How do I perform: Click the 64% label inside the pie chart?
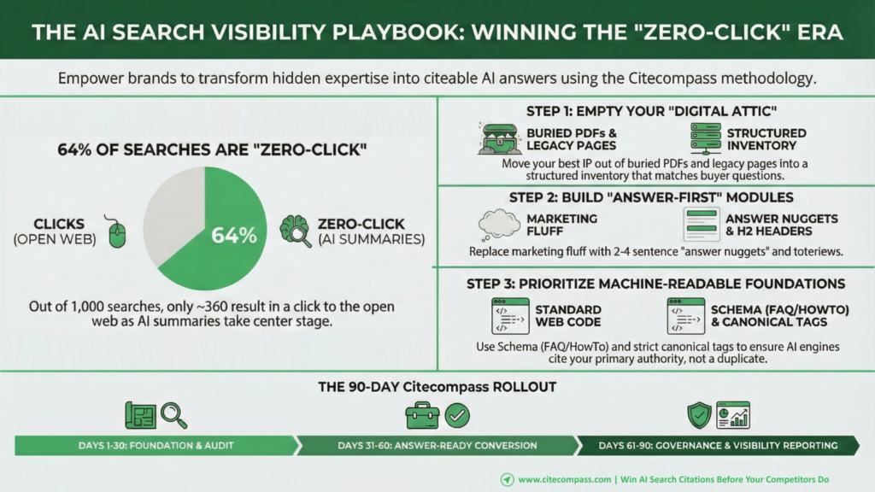[234, 236]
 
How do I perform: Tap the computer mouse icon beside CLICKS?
[116, 231]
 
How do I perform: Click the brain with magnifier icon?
[296, 231]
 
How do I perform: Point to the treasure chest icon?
[499, 139]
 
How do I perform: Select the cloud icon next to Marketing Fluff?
[499, 225]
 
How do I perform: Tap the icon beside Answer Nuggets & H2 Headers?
[702, 225]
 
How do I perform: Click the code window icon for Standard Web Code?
[510, 316]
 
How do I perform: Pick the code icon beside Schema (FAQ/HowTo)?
[686, 316]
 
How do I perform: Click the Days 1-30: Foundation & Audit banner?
[157, 446]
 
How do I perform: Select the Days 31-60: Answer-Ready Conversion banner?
[437, 446]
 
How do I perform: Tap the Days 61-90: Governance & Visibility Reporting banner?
[718, 446]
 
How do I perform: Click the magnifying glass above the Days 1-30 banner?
[173, 416]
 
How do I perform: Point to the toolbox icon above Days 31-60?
[422, 416]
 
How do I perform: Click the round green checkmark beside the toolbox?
[458, 416]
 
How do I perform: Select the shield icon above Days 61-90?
[699, 416]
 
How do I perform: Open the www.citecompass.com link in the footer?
[565, 479]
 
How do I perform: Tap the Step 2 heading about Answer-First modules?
[651, 197]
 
